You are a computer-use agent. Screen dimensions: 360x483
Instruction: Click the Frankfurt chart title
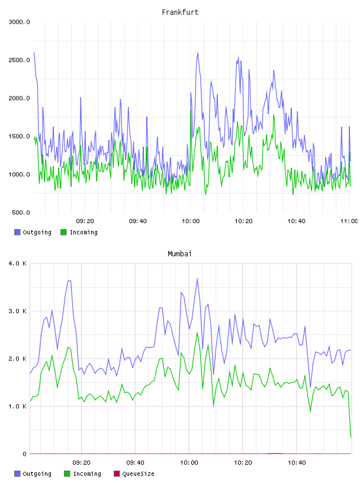(180, 12)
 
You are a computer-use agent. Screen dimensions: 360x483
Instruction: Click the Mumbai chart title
(179, 254)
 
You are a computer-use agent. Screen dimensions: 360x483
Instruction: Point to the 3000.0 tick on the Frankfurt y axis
(19, 22)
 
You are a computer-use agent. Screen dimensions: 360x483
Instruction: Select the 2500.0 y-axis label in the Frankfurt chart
(19, 60)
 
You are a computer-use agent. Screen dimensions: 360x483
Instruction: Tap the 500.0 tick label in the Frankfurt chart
(21, 212)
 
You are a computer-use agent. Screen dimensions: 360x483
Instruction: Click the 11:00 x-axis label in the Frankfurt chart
(349, 221)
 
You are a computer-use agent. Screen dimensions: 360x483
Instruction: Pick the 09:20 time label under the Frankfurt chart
(85, 221)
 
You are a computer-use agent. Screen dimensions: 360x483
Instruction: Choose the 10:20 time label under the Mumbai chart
(243, 463)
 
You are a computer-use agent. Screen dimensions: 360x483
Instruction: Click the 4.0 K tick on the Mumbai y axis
(17, 263)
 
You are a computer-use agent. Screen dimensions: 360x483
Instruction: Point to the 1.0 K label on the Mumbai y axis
(17, 407)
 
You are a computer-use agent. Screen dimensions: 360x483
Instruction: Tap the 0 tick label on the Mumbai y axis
(24, 454)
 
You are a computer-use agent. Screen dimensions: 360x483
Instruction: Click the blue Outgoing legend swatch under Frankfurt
(17, 232)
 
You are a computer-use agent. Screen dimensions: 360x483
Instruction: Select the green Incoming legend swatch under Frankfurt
(63, 232)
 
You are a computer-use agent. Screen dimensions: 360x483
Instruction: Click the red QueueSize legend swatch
(117, 474)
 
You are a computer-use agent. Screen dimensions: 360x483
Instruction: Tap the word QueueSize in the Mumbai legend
(138, 474)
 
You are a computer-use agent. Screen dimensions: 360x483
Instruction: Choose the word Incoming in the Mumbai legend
(87, 474)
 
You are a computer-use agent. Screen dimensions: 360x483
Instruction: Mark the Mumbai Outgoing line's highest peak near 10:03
(197, 279)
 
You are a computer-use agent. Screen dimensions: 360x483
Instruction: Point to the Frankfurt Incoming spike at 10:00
(191, 111)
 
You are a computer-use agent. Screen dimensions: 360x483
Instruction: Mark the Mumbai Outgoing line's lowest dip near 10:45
(310, 387)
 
